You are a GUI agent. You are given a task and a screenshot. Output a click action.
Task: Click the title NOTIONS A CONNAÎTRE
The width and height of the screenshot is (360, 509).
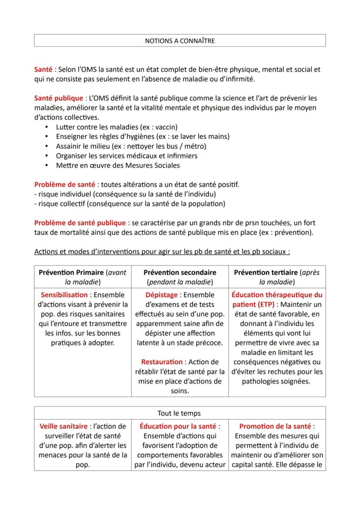click(180, 41)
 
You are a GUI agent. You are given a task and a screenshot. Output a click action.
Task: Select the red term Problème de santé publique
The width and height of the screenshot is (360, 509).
click(80, 223)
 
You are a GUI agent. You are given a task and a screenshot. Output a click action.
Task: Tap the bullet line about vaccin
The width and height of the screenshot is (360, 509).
click(117, 127)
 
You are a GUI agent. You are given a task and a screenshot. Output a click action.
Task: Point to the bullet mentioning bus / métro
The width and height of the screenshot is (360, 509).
click(131, 146)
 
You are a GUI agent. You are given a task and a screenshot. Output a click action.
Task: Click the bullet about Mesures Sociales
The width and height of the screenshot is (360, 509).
click(117, 165)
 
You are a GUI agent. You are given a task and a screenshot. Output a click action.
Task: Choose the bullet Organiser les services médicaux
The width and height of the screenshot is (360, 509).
click(126, 156)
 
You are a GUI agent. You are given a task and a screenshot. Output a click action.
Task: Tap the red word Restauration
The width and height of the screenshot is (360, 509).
click(162, 362)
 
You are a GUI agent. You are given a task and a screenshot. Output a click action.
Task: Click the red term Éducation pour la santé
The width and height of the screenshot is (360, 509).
click(178, 426)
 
